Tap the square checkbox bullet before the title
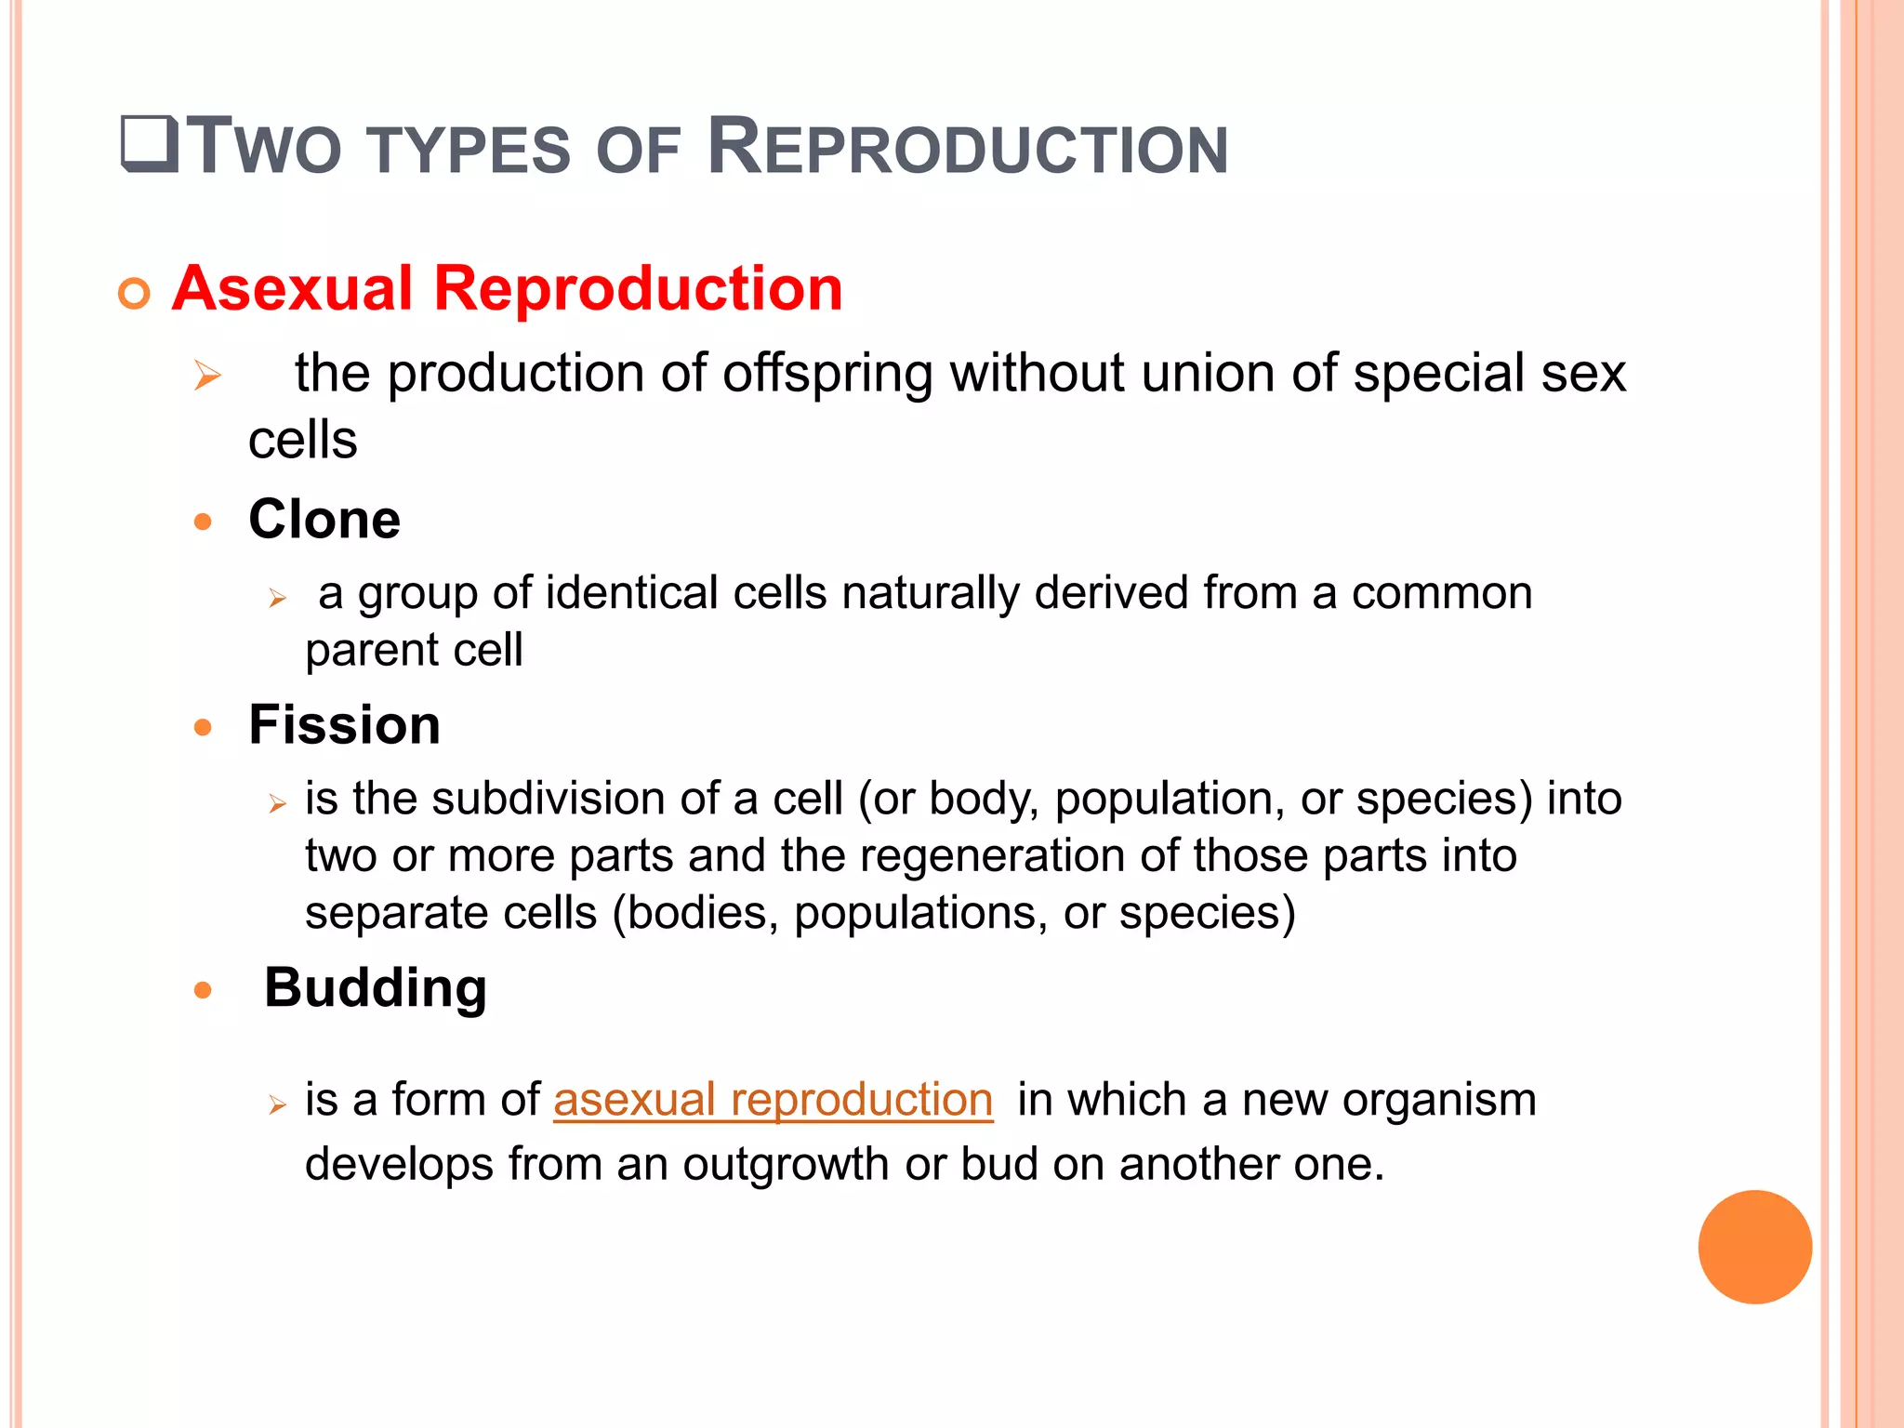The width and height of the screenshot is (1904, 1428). point(150,144)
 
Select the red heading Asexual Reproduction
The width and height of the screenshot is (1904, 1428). point(507,288)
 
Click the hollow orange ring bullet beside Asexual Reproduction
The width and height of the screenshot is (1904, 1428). point(135,294)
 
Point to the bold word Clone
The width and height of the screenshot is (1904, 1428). point(324,519)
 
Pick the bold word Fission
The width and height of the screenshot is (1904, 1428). point(344,724)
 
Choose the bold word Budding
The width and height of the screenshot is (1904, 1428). point(376,987)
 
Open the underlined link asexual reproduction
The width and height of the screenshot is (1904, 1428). point(773,1100)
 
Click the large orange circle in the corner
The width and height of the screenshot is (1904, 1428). point(1754,1247)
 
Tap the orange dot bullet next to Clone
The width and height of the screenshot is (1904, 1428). point(203,522)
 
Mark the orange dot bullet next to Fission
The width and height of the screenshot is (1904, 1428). point(203,727)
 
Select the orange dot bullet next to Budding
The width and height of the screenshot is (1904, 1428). point(203,990)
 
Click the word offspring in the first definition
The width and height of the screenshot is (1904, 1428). point(827,374)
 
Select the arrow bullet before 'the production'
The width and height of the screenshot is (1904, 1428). point(207,377)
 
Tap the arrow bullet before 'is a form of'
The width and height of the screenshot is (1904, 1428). point(277,1104)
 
